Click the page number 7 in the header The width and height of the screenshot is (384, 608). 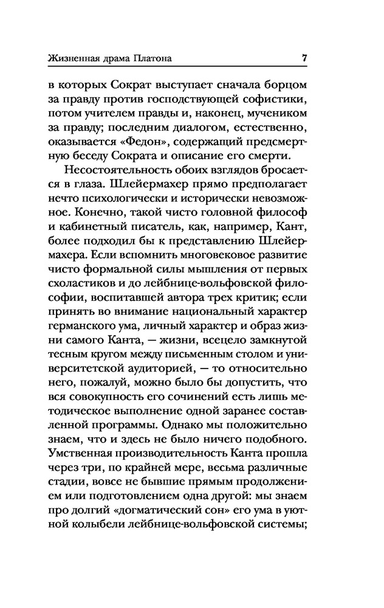[304, 58]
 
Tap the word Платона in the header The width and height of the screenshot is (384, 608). [150, 59]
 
